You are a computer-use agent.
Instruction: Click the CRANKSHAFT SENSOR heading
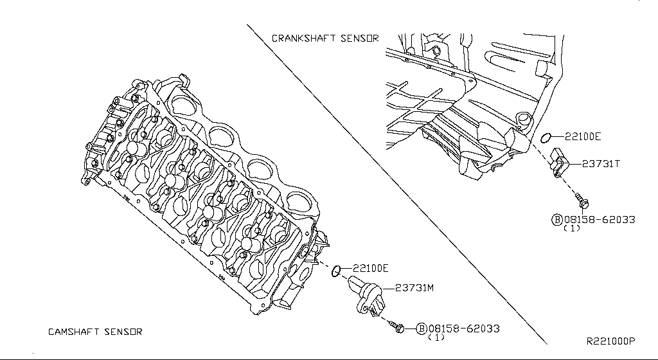click(325, 39)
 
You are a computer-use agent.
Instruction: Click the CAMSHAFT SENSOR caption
click(95, 332)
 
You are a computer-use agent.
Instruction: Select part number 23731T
click(601, 164)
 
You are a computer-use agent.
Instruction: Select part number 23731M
click(414, 287)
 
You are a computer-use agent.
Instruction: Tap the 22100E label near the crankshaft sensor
click(583, 136)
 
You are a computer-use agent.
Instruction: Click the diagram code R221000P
click(610, 341)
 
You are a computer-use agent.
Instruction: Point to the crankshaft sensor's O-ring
click(546, 136)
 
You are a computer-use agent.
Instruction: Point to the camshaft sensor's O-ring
click(335, 273)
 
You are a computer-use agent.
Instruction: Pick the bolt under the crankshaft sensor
click(582, 200)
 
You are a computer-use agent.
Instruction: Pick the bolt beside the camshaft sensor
click(398, 328)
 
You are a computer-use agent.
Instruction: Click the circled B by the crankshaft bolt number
click(557, 219)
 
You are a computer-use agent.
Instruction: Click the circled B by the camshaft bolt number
click(422, 328)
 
